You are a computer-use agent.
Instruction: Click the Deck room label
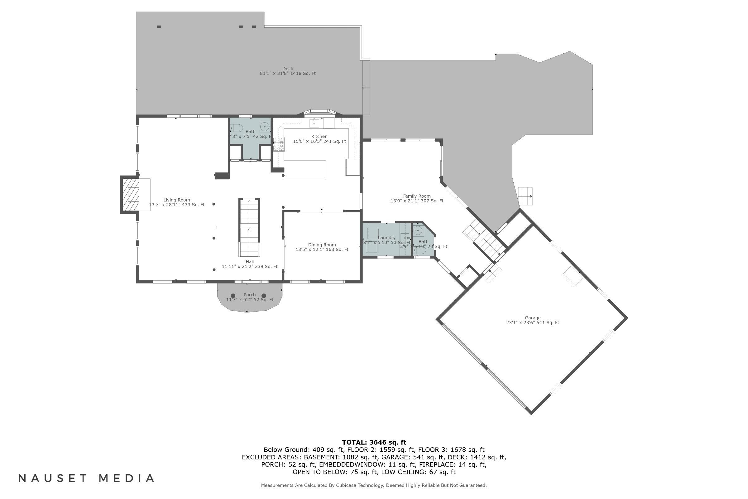(x=287, y=69)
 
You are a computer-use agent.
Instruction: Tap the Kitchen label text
(x=319, y=137)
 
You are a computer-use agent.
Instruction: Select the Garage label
(x=532, y=318)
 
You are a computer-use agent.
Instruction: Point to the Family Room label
(x=417, y=196)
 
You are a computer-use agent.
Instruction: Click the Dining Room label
(x=322, y=245)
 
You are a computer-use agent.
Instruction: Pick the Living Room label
(x=176, y=200)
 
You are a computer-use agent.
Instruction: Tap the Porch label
(x=250, y=295)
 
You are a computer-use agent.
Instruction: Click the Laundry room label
(x=387, y=238)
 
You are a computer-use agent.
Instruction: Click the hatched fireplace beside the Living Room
(x=130, y=195)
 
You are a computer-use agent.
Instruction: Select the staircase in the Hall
(x=249, y=228)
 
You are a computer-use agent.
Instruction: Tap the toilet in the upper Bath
(x=236, y=128)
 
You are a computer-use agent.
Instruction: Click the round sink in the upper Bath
(x=265, y=127)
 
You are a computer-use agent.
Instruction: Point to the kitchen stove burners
(x=279, y=144)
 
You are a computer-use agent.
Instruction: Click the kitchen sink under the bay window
(x=314, y=123)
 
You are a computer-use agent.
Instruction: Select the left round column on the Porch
(x=233, y=296)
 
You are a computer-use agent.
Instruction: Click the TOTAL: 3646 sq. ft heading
(x=374, y=442)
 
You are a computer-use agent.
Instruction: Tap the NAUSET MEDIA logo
(x=87, y=478)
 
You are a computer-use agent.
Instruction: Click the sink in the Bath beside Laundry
(x=419, y=231)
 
